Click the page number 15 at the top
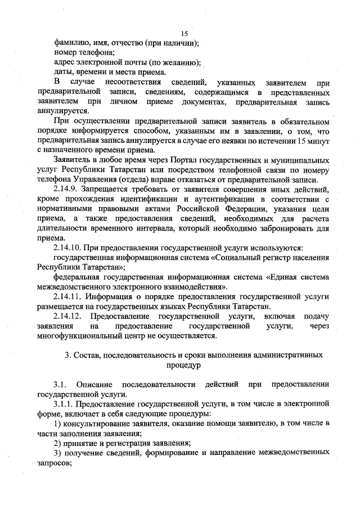tap(184, 33)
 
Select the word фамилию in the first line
tap(71, 43)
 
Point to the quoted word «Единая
tap(282, 277)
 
